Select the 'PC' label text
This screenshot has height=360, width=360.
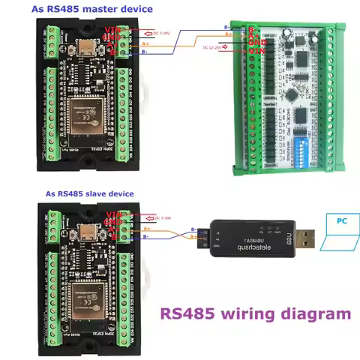341,222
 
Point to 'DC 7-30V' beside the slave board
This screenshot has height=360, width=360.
160,217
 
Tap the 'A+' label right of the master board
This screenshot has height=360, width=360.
145,44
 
